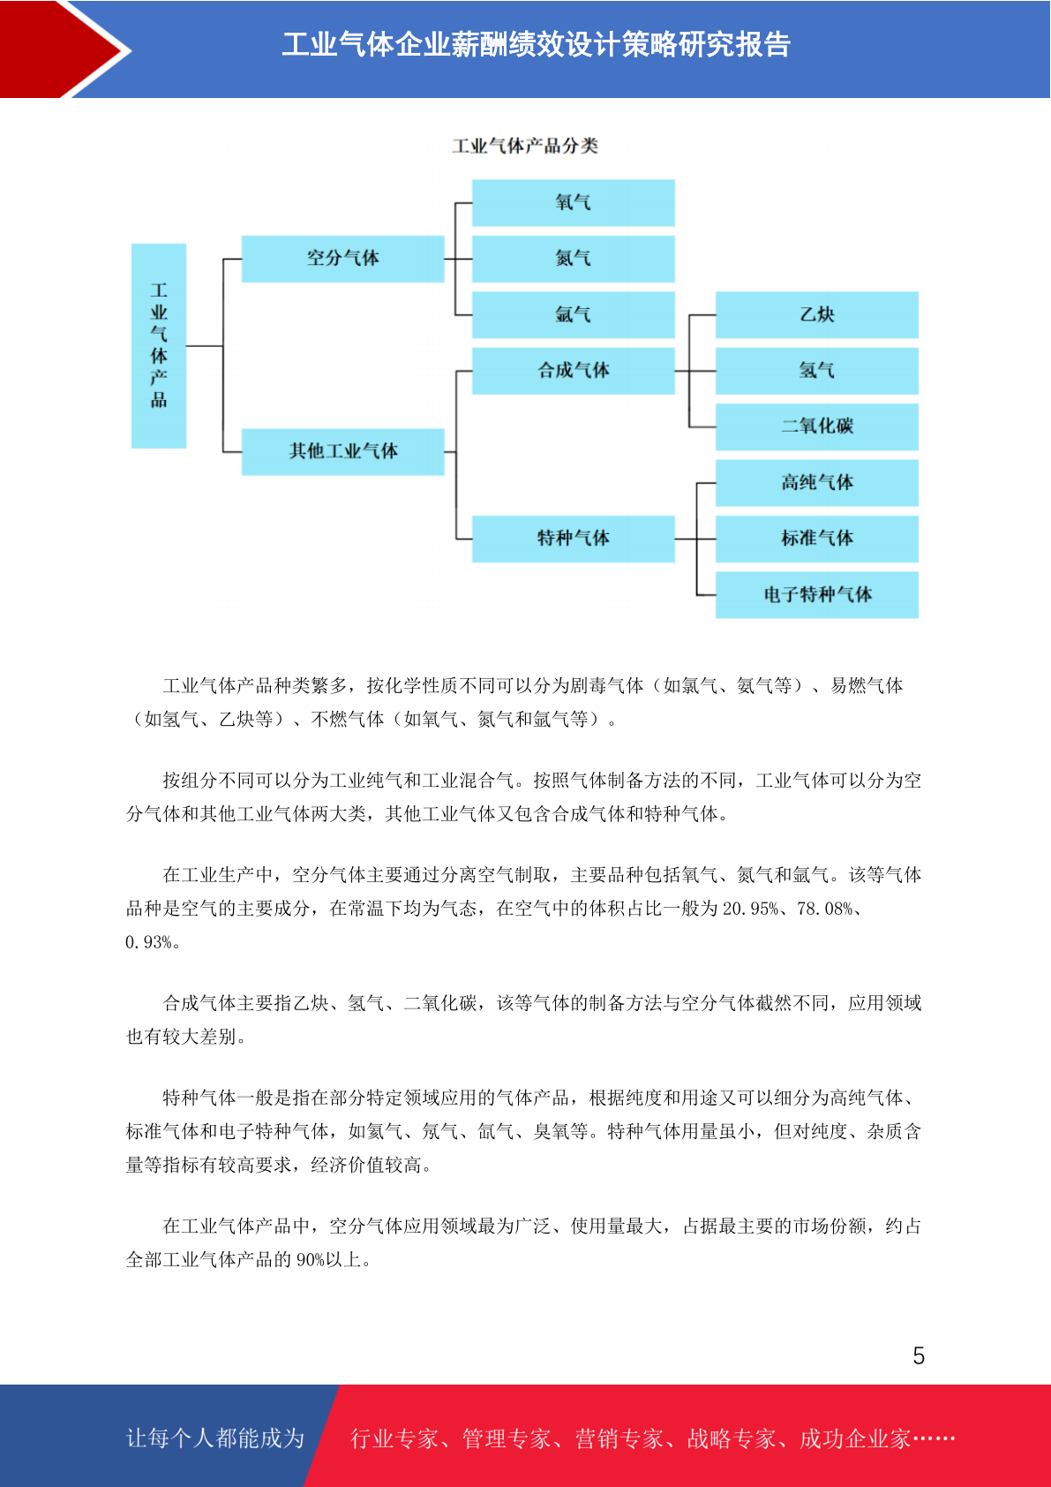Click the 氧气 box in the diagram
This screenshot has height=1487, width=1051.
574,202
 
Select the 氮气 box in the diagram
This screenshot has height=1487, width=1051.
574,258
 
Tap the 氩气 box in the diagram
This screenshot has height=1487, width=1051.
574,314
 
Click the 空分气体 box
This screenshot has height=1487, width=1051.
342,258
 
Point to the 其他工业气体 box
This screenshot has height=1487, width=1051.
342,451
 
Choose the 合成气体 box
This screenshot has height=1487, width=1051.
574,370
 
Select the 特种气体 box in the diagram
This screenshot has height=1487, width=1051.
574,539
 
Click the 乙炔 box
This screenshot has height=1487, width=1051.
817,314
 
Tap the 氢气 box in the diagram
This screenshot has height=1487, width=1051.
817,370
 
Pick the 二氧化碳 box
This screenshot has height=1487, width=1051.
817,426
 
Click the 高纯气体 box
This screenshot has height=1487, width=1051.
817,483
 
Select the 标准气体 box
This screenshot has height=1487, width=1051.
817,539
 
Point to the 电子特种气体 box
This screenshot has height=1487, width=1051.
817,595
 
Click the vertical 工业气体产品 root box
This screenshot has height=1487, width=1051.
159,346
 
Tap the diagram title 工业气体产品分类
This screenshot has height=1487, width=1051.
525,146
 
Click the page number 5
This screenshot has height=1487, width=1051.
919,1355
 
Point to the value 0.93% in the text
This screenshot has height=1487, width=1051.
148,942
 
